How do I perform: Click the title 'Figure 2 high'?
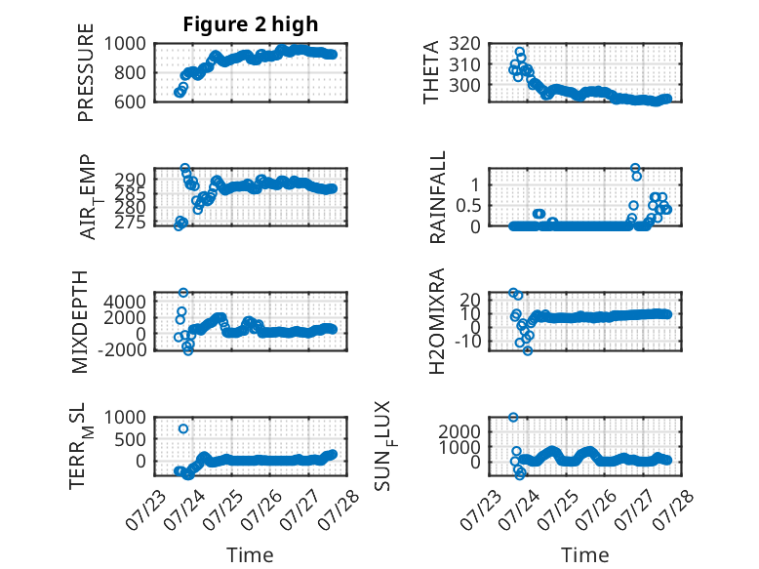pyautogui.click(x=251, y=24)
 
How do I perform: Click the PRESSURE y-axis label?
pyautogui.click(x=85, y=72)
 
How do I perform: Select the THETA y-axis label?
pyautogui.click(x=430, y=72)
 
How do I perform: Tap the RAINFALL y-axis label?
pyautogui.click(x=437, y=197)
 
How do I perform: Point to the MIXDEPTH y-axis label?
pyautogui.click(x=80, y=322)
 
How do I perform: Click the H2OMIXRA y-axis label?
pyautogui.click(x=437, y=321)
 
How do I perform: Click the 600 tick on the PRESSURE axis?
pyautogui.click(x=130, y=102)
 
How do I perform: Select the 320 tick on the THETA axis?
pyautogui.click(x=464, y=44)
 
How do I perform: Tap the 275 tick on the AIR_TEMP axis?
pyautogui.click(x=130, y=223)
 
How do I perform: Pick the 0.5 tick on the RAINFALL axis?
pyautogui.click(x=468, y=205)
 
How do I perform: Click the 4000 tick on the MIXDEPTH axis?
pyautogui.click(x=125, y=302)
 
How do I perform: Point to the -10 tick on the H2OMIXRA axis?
pyautogui.click(x=467, y=342)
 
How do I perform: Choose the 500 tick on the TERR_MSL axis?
pyautogui.click(x=130, y=439)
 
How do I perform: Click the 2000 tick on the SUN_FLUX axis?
pyautogui.click(x=459, y=431)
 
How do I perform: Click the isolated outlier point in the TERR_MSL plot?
pyautogui.click(x=183, y=428)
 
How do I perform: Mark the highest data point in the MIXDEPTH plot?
pyautogui.click(x=183, y=293)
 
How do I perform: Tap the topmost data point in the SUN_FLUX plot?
pyautogui.click(x=513, y=417)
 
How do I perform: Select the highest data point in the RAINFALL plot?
pyautogui.click(x=635, y=168)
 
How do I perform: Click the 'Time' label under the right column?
pyautogui.click(x=584, y=555)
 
